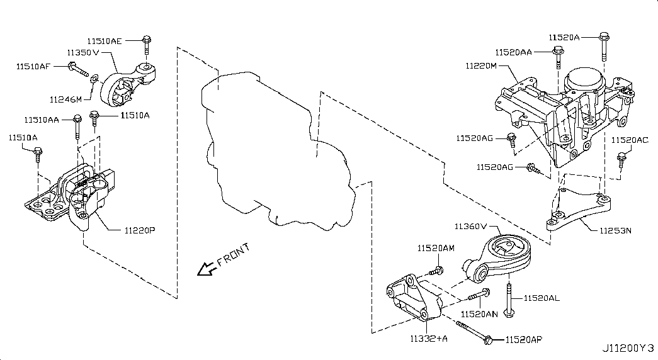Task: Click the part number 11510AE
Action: point(105,41)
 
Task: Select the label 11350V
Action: point(83,53)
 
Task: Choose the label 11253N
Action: point(611,230)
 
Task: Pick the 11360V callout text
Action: point(472,226)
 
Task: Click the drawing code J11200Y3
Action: point(628,347)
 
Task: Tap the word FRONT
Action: point(234,254)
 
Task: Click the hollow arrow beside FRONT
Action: point(205,269)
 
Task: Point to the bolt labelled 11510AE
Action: point(146,45)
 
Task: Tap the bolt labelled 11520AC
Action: point(621,159)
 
